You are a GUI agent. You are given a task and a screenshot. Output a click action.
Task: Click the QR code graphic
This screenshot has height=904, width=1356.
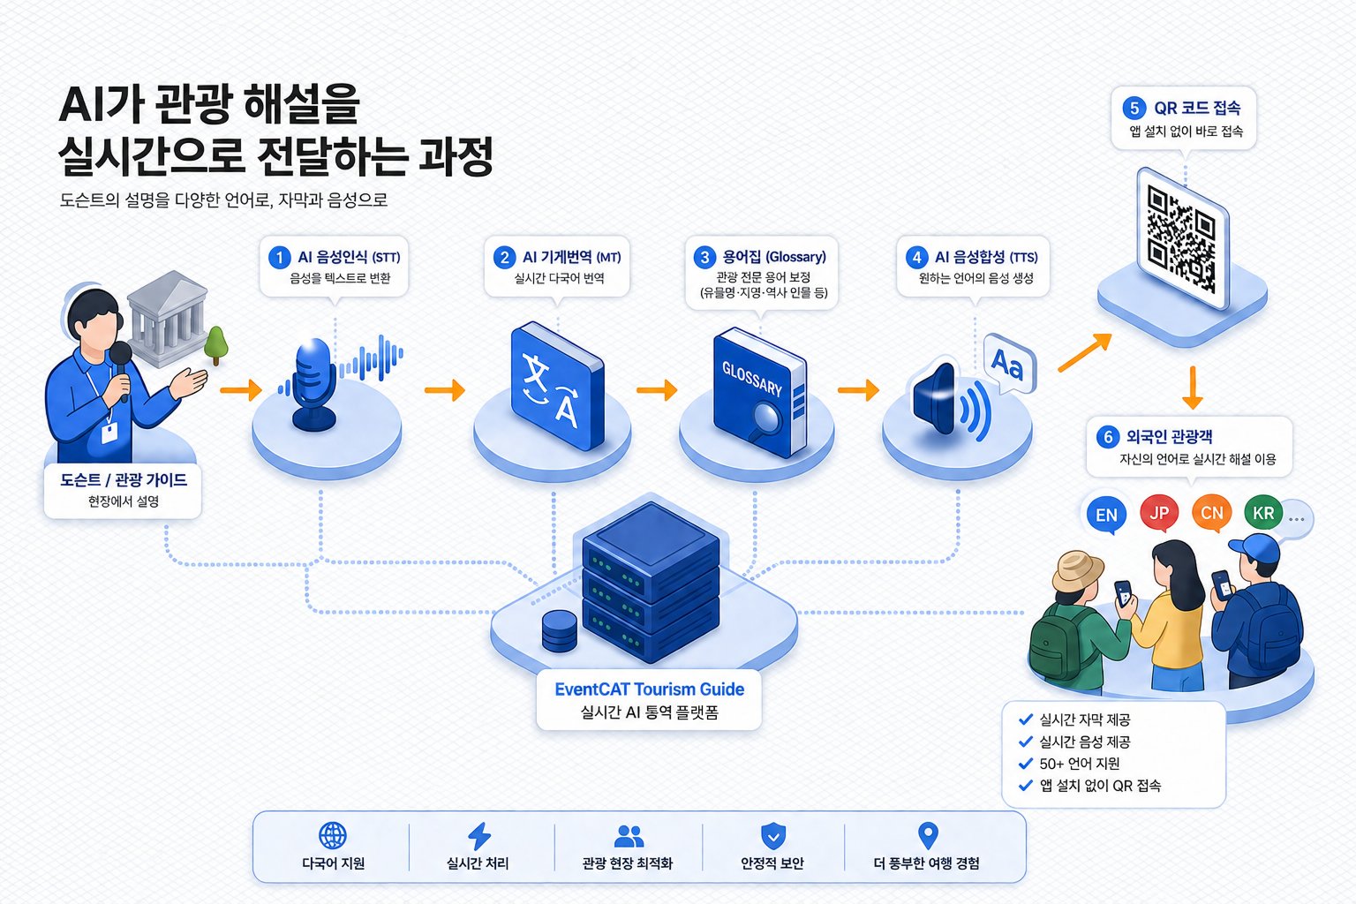(x=1182, y=238)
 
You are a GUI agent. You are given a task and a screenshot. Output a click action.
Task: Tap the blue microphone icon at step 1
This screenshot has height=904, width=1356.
(x=314, y=383)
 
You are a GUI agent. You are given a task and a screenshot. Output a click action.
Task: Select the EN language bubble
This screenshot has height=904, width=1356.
(x=1106, y=515)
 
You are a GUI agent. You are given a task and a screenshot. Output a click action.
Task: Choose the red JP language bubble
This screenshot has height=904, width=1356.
(x=1158, y=513)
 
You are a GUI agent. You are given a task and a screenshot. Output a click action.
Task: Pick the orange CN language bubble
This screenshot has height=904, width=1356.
(x=1211, y=513)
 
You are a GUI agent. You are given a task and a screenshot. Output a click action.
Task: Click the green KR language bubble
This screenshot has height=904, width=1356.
(x=1263, y=513)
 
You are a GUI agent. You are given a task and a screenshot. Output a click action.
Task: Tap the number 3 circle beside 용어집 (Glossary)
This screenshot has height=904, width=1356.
(x=704, y=257)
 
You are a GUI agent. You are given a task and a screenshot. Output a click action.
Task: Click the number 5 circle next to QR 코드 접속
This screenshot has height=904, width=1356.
(x=1134, y=109)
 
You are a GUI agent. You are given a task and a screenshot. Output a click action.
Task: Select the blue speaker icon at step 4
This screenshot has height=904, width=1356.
(x=951, y=398)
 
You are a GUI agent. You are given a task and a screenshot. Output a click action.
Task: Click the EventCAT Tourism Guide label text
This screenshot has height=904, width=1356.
(x=650, y=689)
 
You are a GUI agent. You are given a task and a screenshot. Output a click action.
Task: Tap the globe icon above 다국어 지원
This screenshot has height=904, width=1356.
(x=332, y=835)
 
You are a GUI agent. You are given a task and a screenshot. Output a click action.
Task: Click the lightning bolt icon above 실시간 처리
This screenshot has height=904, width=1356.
(x=479, y=836)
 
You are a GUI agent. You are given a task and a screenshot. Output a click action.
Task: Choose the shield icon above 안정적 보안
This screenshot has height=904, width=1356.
(x=773, y=836)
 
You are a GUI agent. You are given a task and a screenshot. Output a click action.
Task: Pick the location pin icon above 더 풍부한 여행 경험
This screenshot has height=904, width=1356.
(x=928, y=835)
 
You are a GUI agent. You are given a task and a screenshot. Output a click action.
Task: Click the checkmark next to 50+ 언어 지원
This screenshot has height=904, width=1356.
(x=1026, y=763)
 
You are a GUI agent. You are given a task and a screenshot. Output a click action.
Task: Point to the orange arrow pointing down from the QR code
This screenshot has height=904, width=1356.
(x=1192, y=388)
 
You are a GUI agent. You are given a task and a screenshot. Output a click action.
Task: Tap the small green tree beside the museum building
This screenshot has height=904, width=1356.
(x=215, y=346)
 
